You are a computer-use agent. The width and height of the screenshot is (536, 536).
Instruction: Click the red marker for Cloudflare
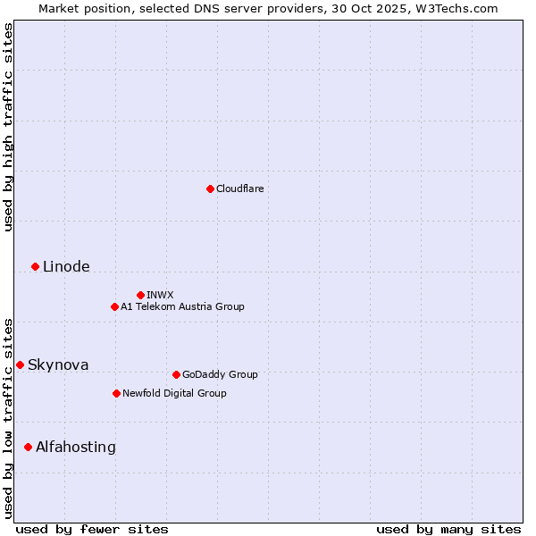click(210, 188)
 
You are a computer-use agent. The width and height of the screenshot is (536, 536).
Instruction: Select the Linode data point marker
click(35, 266)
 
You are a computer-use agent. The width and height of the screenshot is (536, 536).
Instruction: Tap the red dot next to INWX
click(140, 295)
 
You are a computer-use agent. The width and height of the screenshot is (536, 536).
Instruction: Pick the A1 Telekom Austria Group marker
click(114, 306)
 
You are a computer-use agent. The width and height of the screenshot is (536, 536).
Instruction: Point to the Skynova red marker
click(20, 364)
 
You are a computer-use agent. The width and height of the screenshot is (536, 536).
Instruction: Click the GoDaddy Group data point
click(176, 374)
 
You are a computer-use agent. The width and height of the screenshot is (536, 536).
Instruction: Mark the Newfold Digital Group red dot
click(116, 393)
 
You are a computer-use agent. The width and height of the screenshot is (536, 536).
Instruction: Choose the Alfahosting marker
click(28, 447)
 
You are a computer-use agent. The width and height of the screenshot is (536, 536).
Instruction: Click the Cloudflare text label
click(240, 188)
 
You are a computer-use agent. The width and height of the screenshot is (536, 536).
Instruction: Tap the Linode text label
click(66, 266)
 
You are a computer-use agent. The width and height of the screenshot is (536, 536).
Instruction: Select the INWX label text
click(160, 295)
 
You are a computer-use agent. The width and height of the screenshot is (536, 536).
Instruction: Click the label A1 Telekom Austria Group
click(182, 306)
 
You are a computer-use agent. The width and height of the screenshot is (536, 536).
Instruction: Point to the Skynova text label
click(58, 364)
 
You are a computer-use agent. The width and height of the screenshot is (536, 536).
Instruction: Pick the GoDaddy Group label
click(220, 374)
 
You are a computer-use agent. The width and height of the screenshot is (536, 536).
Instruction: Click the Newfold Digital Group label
click(174, 393)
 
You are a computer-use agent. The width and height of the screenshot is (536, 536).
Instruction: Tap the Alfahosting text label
click(76, 447)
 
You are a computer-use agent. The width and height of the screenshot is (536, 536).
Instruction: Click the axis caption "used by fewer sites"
click(92, 529)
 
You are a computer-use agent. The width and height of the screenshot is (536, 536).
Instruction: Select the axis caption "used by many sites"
click(448, 529)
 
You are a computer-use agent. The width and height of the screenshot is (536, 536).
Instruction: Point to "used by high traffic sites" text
click(8, 127)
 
